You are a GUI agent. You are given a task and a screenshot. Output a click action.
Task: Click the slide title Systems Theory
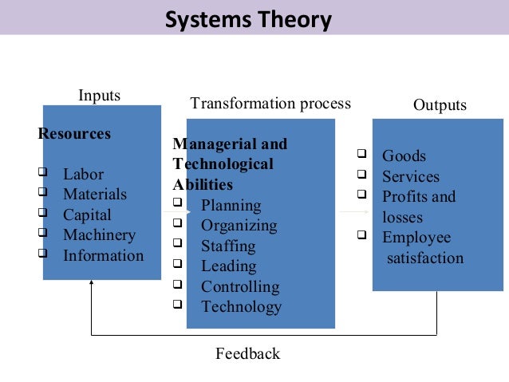[247, 18]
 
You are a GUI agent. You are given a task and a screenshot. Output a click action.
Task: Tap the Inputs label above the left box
[99, 96]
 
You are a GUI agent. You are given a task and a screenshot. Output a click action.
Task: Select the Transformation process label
[270, 104]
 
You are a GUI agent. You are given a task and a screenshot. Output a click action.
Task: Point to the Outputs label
[440, 105]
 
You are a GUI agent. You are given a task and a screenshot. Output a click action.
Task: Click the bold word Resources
[74, 134]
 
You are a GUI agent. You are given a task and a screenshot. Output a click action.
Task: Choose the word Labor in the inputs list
[84, 174]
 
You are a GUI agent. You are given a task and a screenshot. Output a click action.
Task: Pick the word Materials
[95, 195]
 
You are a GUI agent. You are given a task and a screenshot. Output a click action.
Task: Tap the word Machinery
[100, 235]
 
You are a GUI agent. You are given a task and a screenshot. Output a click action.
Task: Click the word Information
[104, 256]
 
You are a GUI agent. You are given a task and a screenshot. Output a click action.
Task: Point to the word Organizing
[239, 226]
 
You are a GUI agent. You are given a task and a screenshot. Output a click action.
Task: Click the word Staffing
[228, 246]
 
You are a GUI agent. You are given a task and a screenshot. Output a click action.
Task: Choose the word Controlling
[240, 286]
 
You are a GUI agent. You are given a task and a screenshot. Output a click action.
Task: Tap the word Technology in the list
[241, 307]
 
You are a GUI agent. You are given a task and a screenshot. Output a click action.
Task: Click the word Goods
[404, 156]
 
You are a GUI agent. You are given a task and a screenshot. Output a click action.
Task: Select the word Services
[410, 177]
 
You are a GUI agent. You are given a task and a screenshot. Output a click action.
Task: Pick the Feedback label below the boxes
[247, 353]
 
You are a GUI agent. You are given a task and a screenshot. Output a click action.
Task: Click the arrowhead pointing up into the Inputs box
[92, 285]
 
